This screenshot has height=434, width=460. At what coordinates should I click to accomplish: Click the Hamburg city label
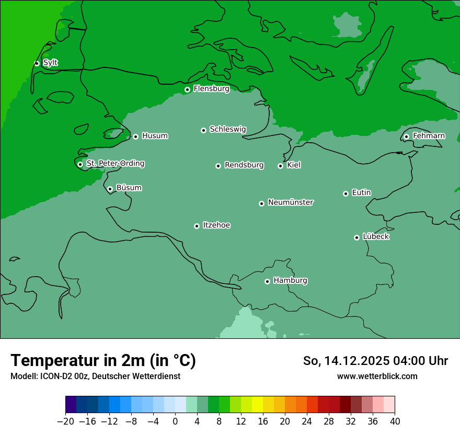[x=290, y=280]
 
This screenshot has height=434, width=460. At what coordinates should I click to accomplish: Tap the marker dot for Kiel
[x=280, y=166]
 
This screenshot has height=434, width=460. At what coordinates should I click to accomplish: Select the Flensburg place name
[x=211, y=89]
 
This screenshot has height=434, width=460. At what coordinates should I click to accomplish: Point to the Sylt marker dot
[x=37, y=63]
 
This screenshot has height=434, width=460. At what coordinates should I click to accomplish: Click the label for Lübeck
[x=376, y=236]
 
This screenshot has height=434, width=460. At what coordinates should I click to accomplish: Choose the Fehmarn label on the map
[x=429, y=136]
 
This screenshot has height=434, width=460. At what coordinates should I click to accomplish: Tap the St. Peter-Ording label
[x=115, y=164]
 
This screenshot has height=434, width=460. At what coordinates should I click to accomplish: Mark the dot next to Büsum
[x=110, y=189]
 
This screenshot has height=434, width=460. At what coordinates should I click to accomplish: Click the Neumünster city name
[x=291, y=202]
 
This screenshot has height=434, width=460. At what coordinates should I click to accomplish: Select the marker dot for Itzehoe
[x=197, y=226]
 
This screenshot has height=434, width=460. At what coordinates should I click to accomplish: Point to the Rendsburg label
[x=244, y=165]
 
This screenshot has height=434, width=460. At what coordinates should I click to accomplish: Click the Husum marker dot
[x=135, y=136]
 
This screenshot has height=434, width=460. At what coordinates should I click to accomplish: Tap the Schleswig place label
[x=227, y=129]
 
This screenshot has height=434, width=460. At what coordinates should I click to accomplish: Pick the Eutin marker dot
[x=346, y=193]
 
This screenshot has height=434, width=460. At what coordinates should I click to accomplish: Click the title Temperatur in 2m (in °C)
[x=103, y=360]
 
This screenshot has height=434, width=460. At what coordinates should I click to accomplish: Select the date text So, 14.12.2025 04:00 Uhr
[x=375, y=361]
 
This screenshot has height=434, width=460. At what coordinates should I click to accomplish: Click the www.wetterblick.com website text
[x=377, y=376]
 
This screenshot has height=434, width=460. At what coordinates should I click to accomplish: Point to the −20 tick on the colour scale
[x=66, y=421]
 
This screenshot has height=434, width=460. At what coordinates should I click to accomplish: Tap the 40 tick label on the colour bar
[x=395, y=421]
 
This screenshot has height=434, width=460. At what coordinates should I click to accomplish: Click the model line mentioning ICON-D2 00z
[x=95, y=376]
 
